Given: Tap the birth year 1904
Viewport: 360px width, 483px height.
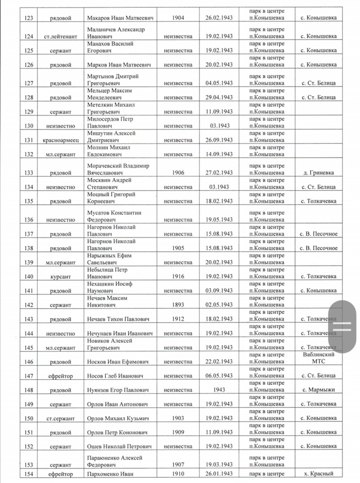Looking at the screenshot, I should coord(178,18).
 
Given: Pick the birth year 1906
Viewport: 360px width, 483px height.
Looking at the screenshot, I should coord(178,173).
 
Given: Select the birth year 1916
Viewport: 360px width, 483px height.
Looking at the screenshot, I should coord(178,276).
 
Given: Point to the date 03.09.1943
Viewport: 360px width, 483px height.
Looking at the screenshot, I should coord(219,291).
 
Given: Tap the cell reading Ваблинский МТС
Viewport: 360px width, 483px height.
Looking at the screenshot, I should coord(318,359).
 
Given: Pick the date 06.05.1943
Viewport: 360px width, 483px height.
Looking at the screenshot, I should coord(219,376).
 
